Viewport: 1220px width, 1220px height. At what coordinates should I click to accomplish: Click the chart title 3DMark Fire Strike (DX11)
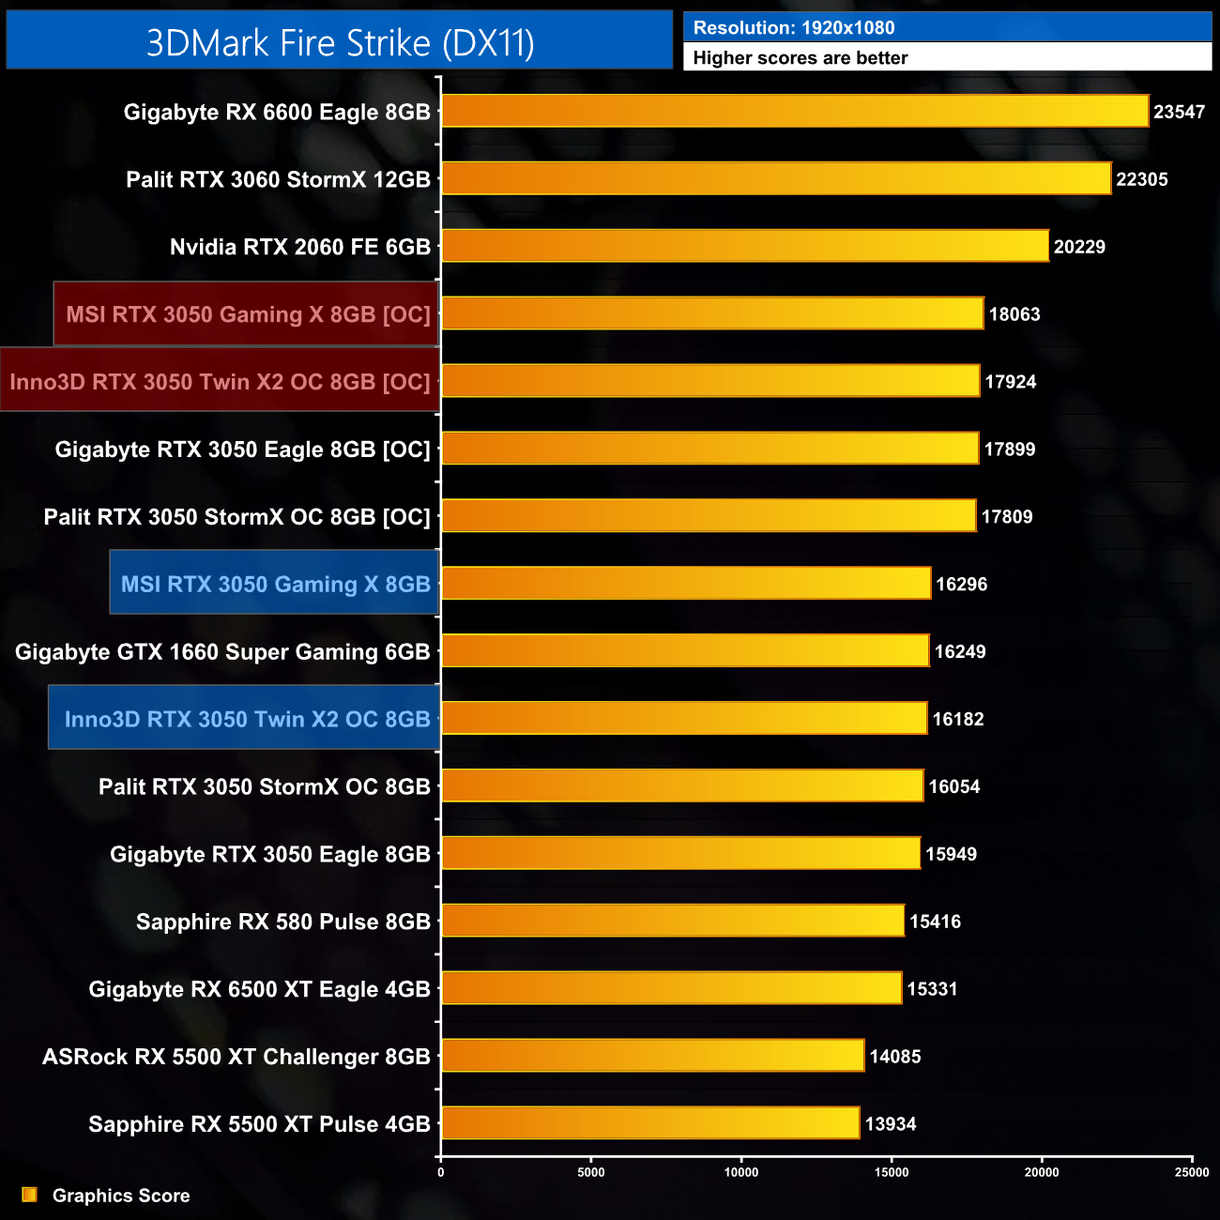tap(340, 42)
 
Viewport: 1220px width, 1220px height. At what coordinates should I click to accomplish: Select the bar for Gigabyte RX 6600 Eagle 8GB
tap(794, 111)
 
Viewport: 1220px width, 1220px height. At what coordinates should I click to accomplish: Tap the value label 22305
tap(1141, 179)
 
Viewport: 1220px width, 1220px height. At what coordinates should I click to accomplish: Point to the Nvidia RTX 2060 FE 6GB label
tap(299, 247)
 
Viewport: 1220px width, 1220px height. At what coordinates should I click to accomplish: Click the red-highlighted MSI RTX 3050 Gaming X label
tap(248, 314)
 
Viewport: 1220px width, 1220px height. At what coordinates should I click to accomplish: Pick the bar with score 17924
tap(709, 381)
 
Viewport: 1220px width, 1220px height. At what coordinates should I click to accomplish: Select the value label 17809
tap(1006, 516)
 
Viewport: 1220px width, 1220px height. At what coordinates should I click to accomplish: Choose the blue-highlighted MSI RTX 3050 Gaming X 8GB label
tap(275, 584)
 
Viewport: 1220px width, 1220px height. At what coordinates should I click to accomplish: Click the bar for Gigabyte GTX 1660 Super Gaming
tap(684, 651)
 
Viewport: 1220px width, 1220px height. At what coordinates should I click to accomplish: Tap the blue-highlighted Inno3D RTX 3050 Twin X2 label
tap(246, 719)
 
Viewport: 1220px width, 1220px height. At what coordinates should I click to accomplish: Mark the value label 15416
tap(935, 922)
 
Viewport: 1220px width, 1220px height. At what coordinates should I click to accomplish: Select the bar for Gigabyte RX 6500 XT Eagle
tap(671, 988)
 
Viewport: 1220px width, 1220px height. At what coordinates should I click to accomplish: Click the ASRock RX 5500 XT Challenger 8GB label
tap(236, 1057)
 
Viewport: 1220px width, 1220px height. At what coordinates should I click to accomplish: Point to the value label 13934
tap(890, 1123)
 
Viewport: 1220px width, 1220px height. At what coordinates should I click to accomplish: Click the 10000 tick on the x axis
tap(741, 1172)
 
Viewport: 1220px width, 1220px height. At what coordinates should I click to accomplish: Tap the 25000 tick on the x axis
tap(1192, 1172)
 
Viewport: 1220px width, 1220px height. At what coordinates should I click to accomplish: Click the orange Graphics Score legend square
tap(30, 1195)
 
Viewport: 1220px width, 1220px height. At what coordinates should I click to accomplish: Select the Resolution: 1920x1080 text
tap(793, 28)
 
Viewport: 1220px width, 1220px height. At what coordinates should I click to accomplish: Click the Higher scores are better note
tap(800, 58)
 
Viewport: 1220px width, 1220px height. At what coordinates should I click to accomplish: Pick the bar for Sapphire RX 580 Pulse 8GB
tap(672, 921)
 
